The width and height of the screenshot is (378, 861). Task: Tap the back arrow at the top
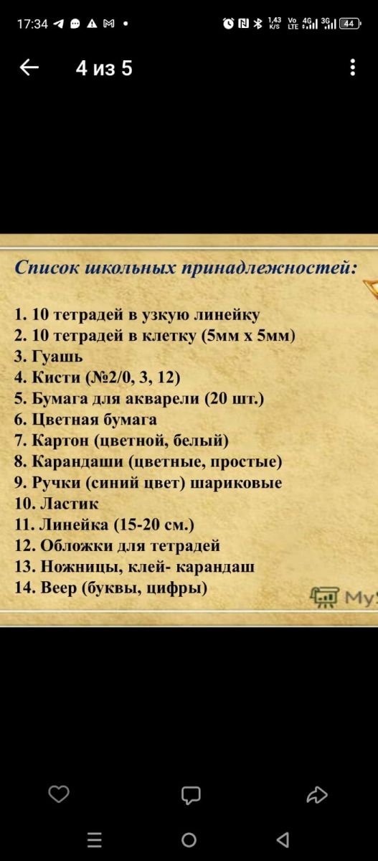[29, 67]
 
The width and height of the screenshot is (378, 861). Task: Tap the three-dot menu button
[353, 67]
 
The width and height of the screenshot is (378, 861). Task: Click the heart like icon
[59, 794]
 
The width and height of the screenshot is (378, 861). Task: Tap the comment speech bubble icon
[191, 795]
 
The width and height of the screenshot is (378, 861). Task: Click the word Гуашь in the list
[57, 357]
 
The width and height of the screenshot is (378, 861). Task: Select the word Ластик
[70, 504]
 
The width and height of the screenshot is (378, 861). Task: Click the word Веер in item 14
[58, 588]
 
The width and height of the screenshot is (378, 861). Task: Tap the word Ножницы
[82, 567]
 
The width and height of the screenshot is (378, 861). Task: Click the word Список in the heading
[47, 267]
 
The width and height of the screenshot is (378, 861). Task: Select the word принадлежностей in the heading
[269, 268]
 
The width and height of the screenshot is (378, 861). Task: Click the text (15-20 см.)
[154, 524]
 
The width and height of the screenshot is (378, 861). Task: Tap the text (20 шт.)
[235, 399]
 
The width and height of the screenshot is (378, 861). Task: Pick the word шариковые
[236, 483]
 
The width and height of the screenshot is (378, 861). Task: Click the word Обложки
[77, 546]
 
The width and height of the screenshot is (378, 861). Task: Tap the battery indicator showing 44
[349, 24]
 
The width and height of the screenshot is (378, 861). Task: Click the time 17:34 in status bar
[33, 24]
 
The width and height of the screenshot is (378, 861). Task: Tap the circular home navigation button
[189, 840]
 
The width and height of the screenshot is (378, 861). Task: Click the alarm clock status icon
[228, 24]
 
